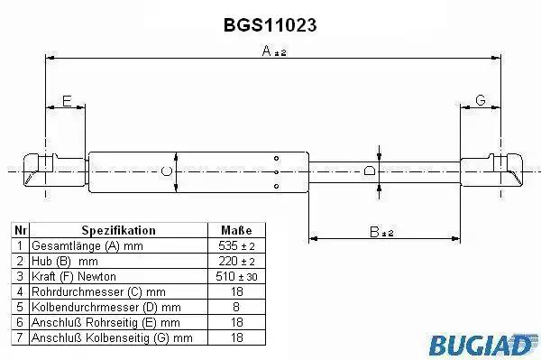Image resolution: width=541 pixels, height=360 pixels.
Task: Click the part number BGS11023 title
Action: (270, 25)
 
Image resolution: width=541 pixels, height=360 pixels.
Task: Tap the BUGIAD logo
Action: (483, 344)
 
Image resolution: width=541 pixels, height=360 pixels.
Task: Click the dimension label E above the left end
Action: (67, 101)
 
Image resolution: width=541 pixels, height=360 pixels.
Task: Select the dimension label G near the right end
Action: (481, 100)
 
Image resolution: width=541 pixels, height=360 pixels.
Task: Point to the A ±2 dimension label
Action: (274, 51)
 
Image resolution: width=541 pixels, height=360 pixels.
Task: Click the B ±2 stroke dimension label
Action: (381, 232)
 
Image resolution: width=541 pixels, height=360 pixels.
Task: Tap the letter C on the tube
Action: (167, 171)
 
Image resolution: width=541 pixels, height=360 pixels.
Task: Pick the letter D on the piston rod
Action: (370, 171)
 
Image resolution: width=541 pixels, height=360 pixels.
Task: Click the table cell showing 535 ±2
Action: (236, 245)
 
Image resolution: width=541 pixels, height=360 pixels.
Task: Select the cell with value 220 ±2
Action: (236, 261)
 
